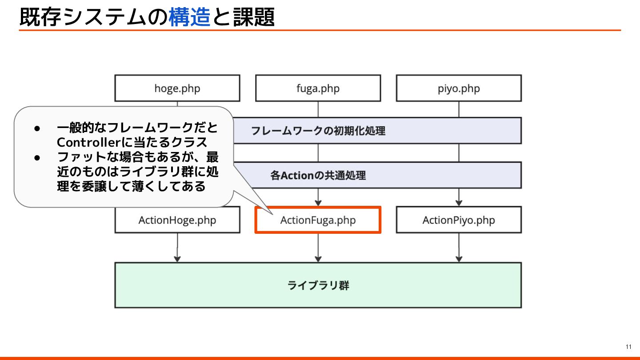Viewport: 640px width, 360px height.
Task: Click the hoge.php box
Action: pyautogui.click(x=177, y=88)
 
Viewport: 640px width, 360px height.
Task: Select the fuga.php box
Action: pyautogui.click(x=318, y=88)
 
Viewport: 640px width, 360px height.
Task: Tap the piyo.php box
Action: pyautogui.click(x=459, y=88)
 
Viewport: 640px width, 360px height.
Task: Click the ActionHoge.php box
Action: pyautogui.click(x=177, y=220)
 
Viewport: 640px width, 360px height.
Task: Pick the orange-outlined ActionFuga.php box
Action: pyautogui.click(x=318, y=220)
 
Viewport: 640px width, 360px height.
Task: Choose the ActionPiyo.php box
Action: pyautogui.click(x=459, y=220)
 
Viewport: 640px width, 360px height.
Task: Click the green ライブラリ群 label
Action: pyautogui.click(x=318, y=285)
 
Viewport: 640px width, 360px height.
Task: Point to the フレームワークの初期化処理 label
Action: pyautogui.click(x=318, y=131)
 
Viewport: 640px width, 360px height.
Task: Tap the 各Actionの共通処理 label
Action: pyautogui.click(x=318, y=175)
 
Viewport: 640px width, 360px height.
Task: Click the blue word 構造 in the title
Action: pyautogui.click(x=189, y=18)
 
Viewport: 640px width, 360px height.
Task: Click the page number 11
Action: pyautogui.click(x=628, y=347)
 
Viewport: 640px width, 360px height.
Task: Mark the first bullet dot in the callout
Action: pyautogui.click(x=38, y=128)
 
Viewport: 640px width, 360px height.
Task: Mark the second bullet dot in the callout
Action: pyautogui.click(x=38, y=157)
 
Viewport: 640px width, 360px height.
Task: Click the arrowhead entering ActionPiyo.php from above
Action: pyautogui.click(x=459, y=202)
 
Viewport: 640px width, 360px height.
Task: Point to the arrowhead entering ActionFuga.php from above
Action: pyautogui.click(x=318, y=202)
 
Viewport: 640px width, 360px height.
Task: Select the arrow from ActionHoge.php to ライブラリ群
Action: pyautogui.click(x=177, y=247)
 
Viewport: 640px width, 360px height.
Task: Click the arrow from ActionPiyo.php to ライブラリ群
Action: pyautogui.click(x=459, y=247)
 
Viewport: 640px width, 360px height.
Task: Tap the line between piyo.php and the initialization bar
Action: pyautogui.click(x=459, y=109)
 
